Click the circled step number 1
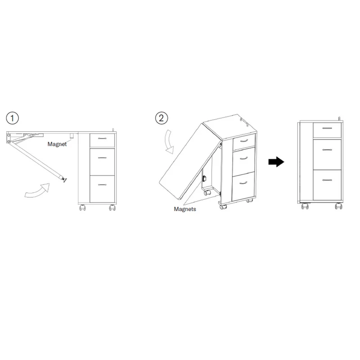12,118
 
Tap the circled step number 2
162,118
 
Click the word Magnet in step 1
57,144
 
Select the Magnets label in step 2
185,209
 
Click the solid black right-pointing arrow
276,162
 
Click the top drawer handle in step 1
102,139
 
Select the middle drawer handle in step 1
102,158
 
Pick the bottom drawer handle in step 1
102,184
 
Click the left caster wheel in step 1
82,207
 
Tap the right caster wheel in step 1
112,207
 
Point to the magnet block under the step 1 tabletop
72,135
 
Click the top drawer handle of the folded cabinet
327,128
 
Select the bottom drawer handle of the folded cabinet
327,180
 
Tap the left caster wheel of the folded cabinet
305,206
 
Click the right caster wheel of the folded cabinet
338,206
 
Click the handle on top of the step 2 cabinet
244,122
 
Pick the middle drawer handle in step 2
243,158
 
